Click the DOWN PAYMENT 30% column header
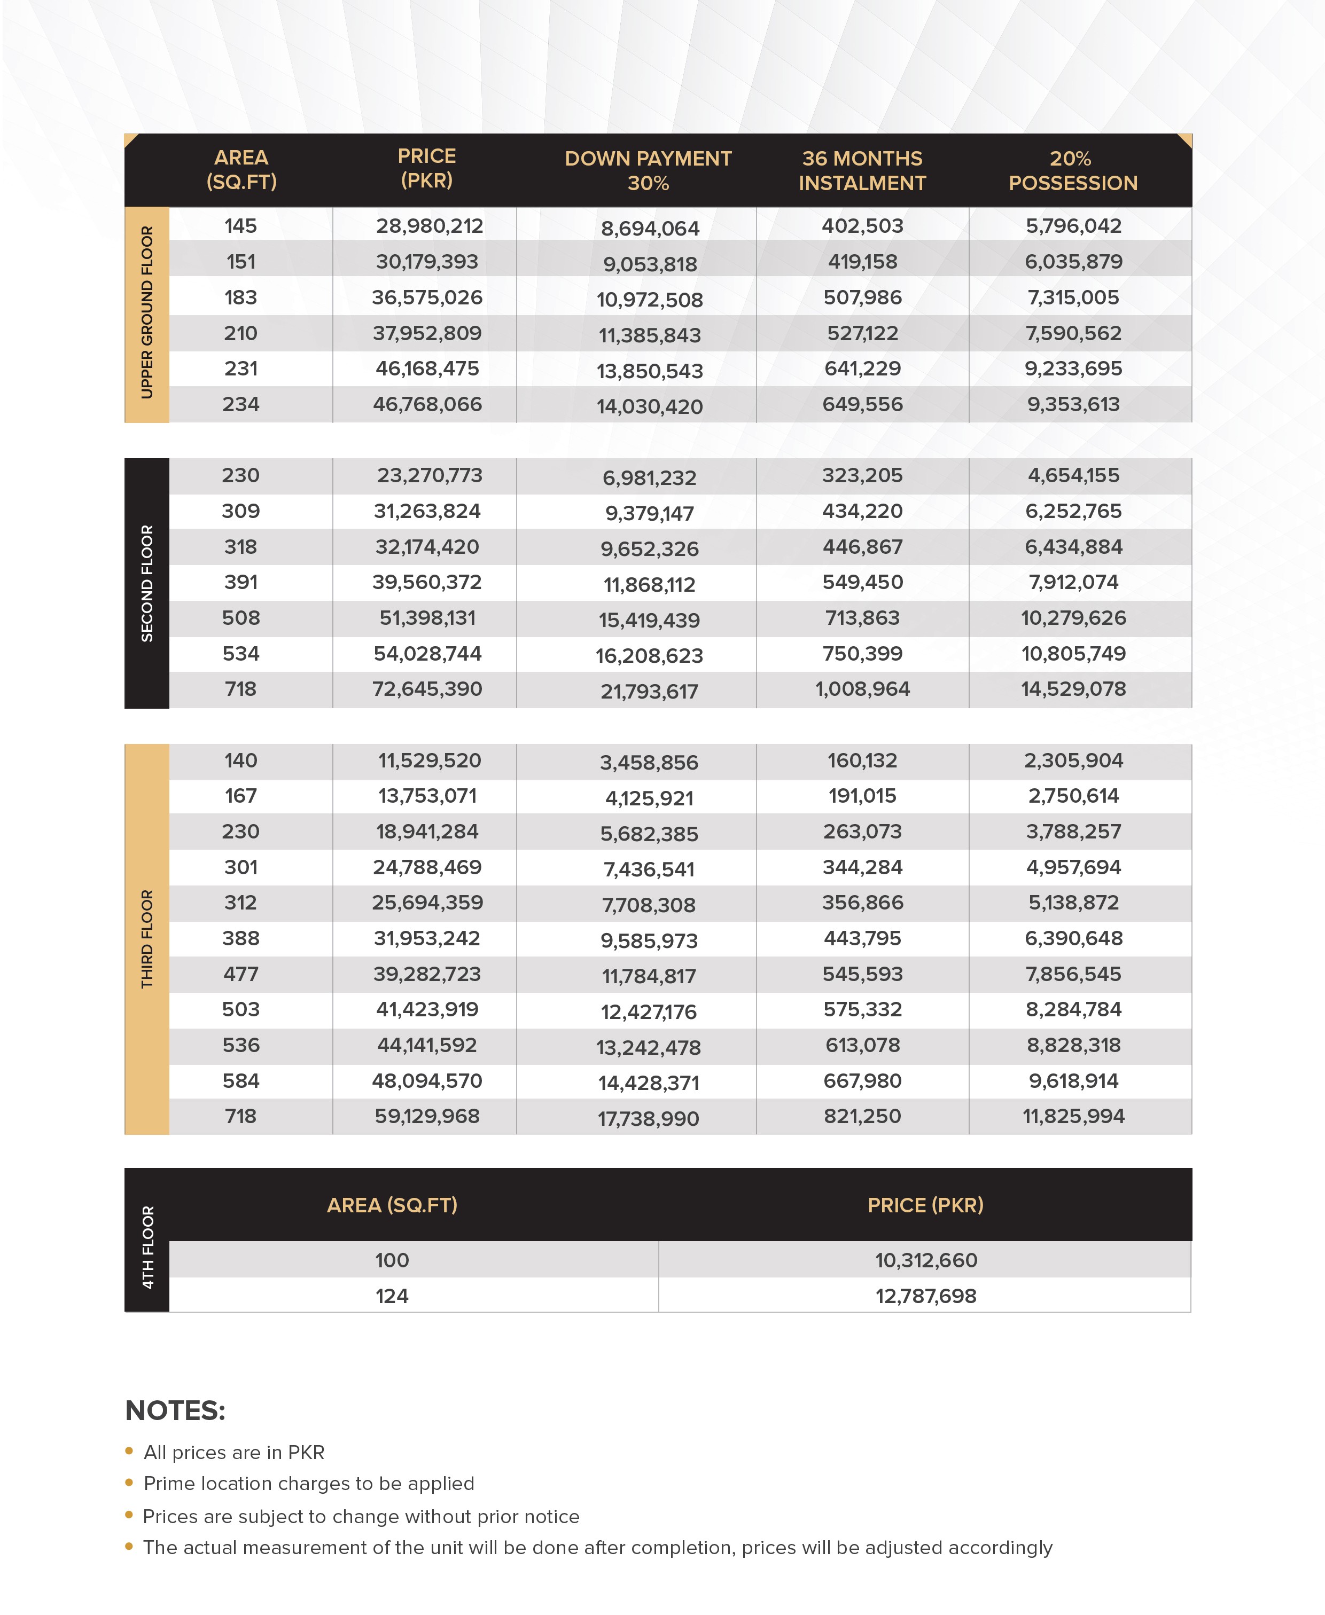[648, 170]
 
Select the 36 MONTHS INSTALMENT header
[862, 170]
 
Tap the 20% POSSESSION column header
[1072, 170]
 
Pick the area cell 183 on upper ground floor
[240, 297]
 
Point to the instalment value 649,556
[862, 404]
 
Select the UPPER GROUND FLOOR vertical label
[146, 313]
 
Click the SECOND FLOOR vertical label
[146, 584]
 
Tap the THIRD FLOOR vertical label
[146, 939]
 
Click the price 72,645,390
[427, 689]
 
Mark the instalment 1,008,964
[862, 689]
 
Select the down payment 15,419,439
[649, 620]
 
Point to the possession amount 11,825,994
[1073, 1117]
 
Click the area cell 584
[240, 1081]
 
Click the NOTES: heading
[175, 1410]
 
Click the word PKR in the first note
[306, 1453]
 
